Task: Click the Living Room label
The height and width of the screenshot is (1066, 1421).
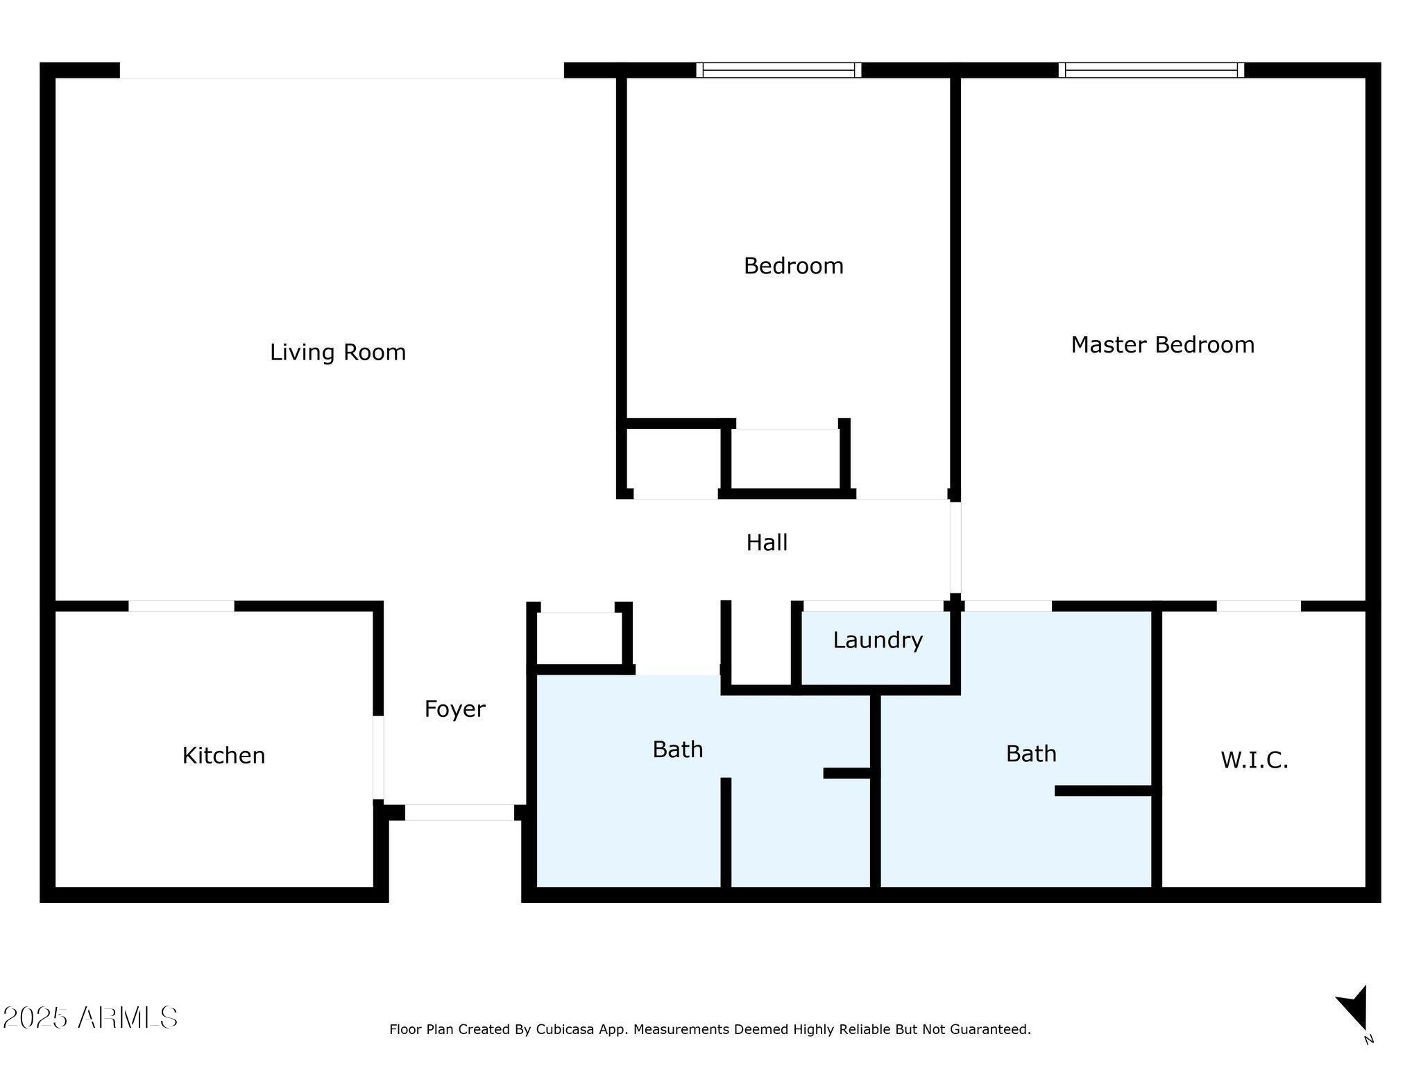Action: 337,353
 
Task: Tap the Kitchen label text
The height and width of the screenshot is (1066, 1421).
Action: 223,755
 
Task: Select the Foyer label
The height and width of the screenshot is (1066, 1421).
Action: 454,709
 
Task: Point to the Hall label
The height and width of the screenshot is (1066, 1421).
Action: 766,543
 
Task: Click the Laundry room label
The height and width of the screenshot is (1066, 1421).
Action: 877,640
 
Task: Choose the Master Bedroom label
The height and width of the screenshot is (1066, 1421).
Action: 1162,345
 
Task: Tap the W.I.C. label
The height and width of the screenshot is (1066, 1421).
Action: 1254,761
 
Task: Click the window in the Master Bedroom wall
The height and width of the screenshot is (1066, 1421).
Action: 1151,70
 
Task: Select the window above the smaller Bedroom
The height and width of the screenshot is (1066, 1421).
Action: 778,70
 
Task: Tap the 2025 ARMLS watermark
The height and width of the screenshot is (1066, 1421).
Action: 90,1018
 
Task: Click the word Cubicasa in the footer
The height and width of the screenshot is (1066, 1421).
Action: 564,1029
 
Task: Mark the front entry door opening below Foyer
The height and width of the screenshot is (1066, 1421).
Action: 459,812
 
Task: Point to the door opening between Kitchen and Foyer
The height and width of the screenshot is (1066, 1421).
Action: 378,757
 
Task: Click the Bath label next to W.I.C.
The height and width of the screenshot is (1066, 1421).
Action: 1031,754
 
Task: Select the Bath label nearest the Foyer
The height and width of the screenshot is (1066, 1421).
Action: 677,750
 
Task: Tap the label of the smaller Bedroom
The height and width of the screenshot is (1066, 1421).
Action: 793,266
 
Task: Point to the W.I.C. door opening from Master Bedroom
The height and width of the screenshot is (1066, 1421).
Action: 1258,606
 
